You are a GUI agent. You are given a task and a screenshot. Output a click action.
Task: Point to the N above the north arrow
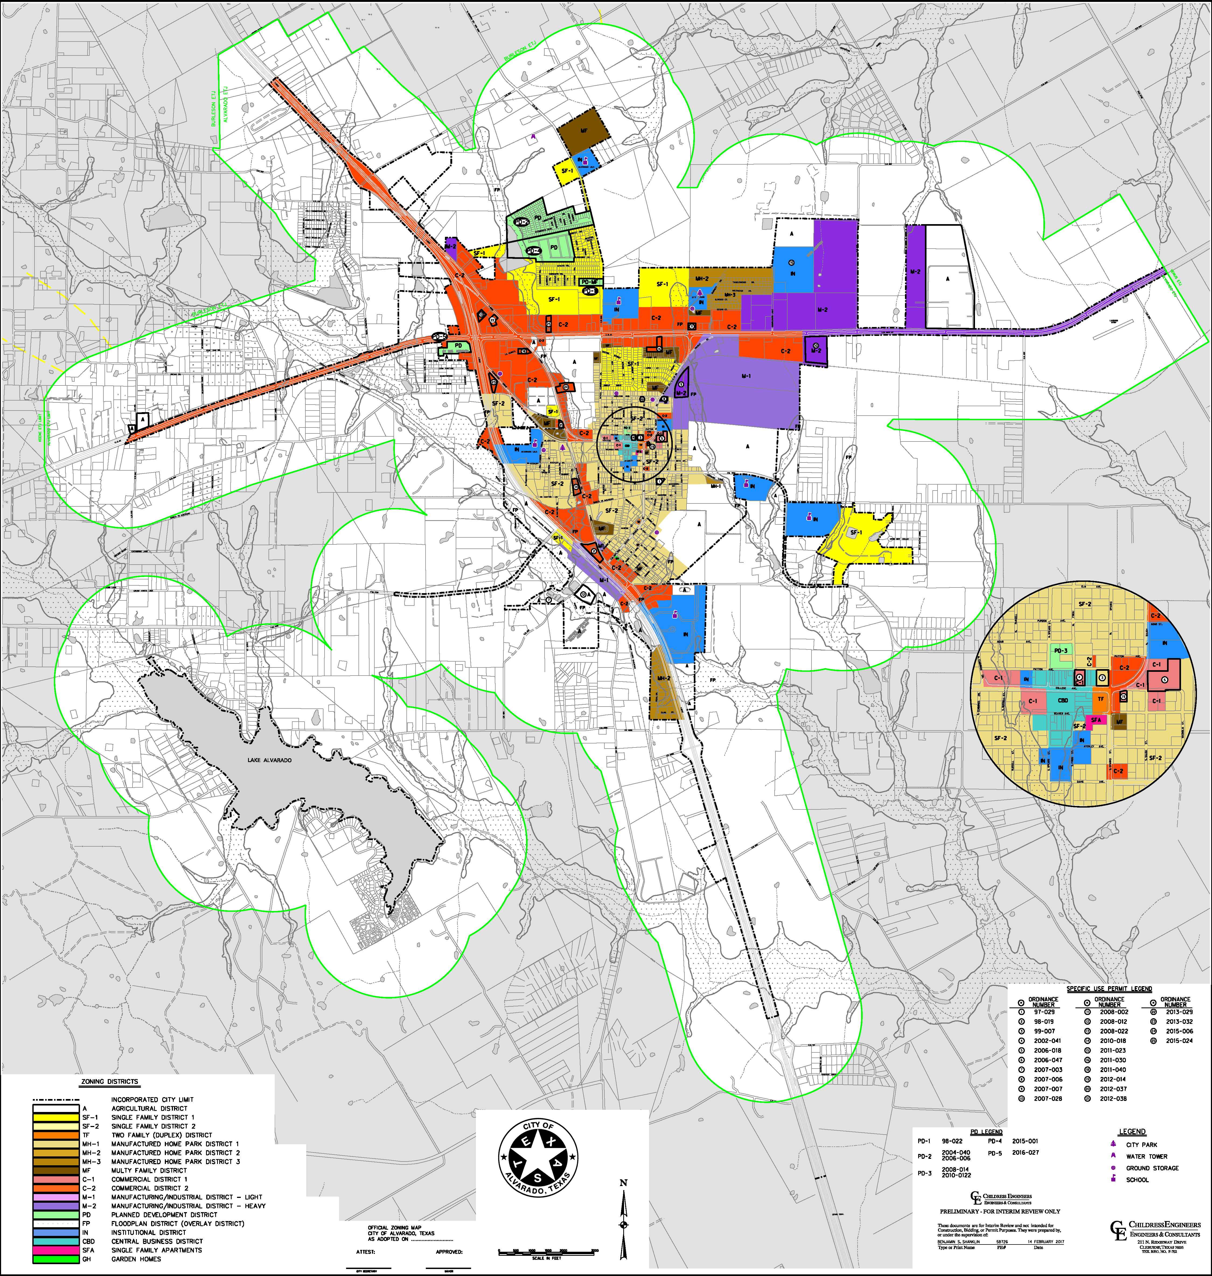pyautogui.click(x=624, y=1183)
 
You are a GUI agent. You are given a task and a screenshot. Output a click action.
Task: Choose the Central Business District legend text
pyautogui.click(x=157, y=1241)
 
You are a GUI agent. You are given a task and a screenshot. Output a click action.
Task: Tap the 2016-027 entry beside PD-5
pyautogui.click(x=1025, y=1153)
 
